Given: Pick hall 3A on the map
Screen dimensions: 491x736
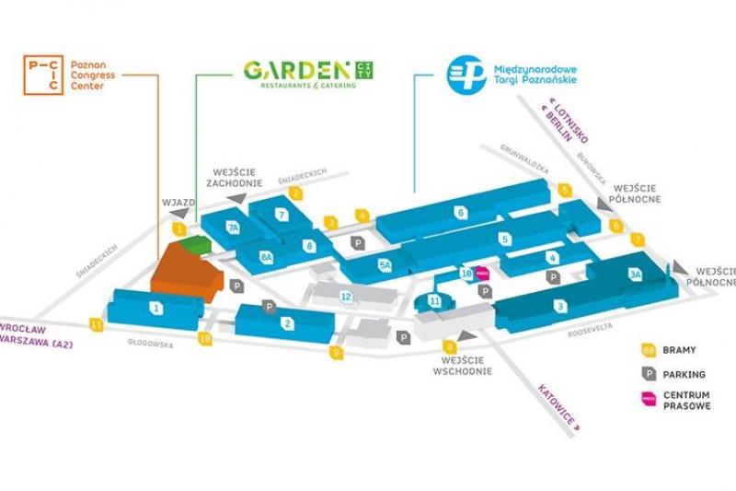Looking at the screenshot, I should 635,275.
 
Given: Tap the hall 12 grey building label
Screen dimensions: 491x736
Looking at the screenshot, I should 345,296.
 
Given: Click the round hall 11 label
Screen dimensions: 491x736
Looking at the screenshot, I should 435,300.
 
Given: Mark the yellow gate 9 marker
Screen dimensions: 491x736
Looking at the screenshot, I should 337,352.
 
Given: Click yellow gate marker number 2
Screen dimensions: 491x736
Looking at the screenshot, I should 296,193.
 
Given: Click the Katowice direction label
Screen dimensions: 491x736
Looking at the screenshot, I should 557,405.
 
